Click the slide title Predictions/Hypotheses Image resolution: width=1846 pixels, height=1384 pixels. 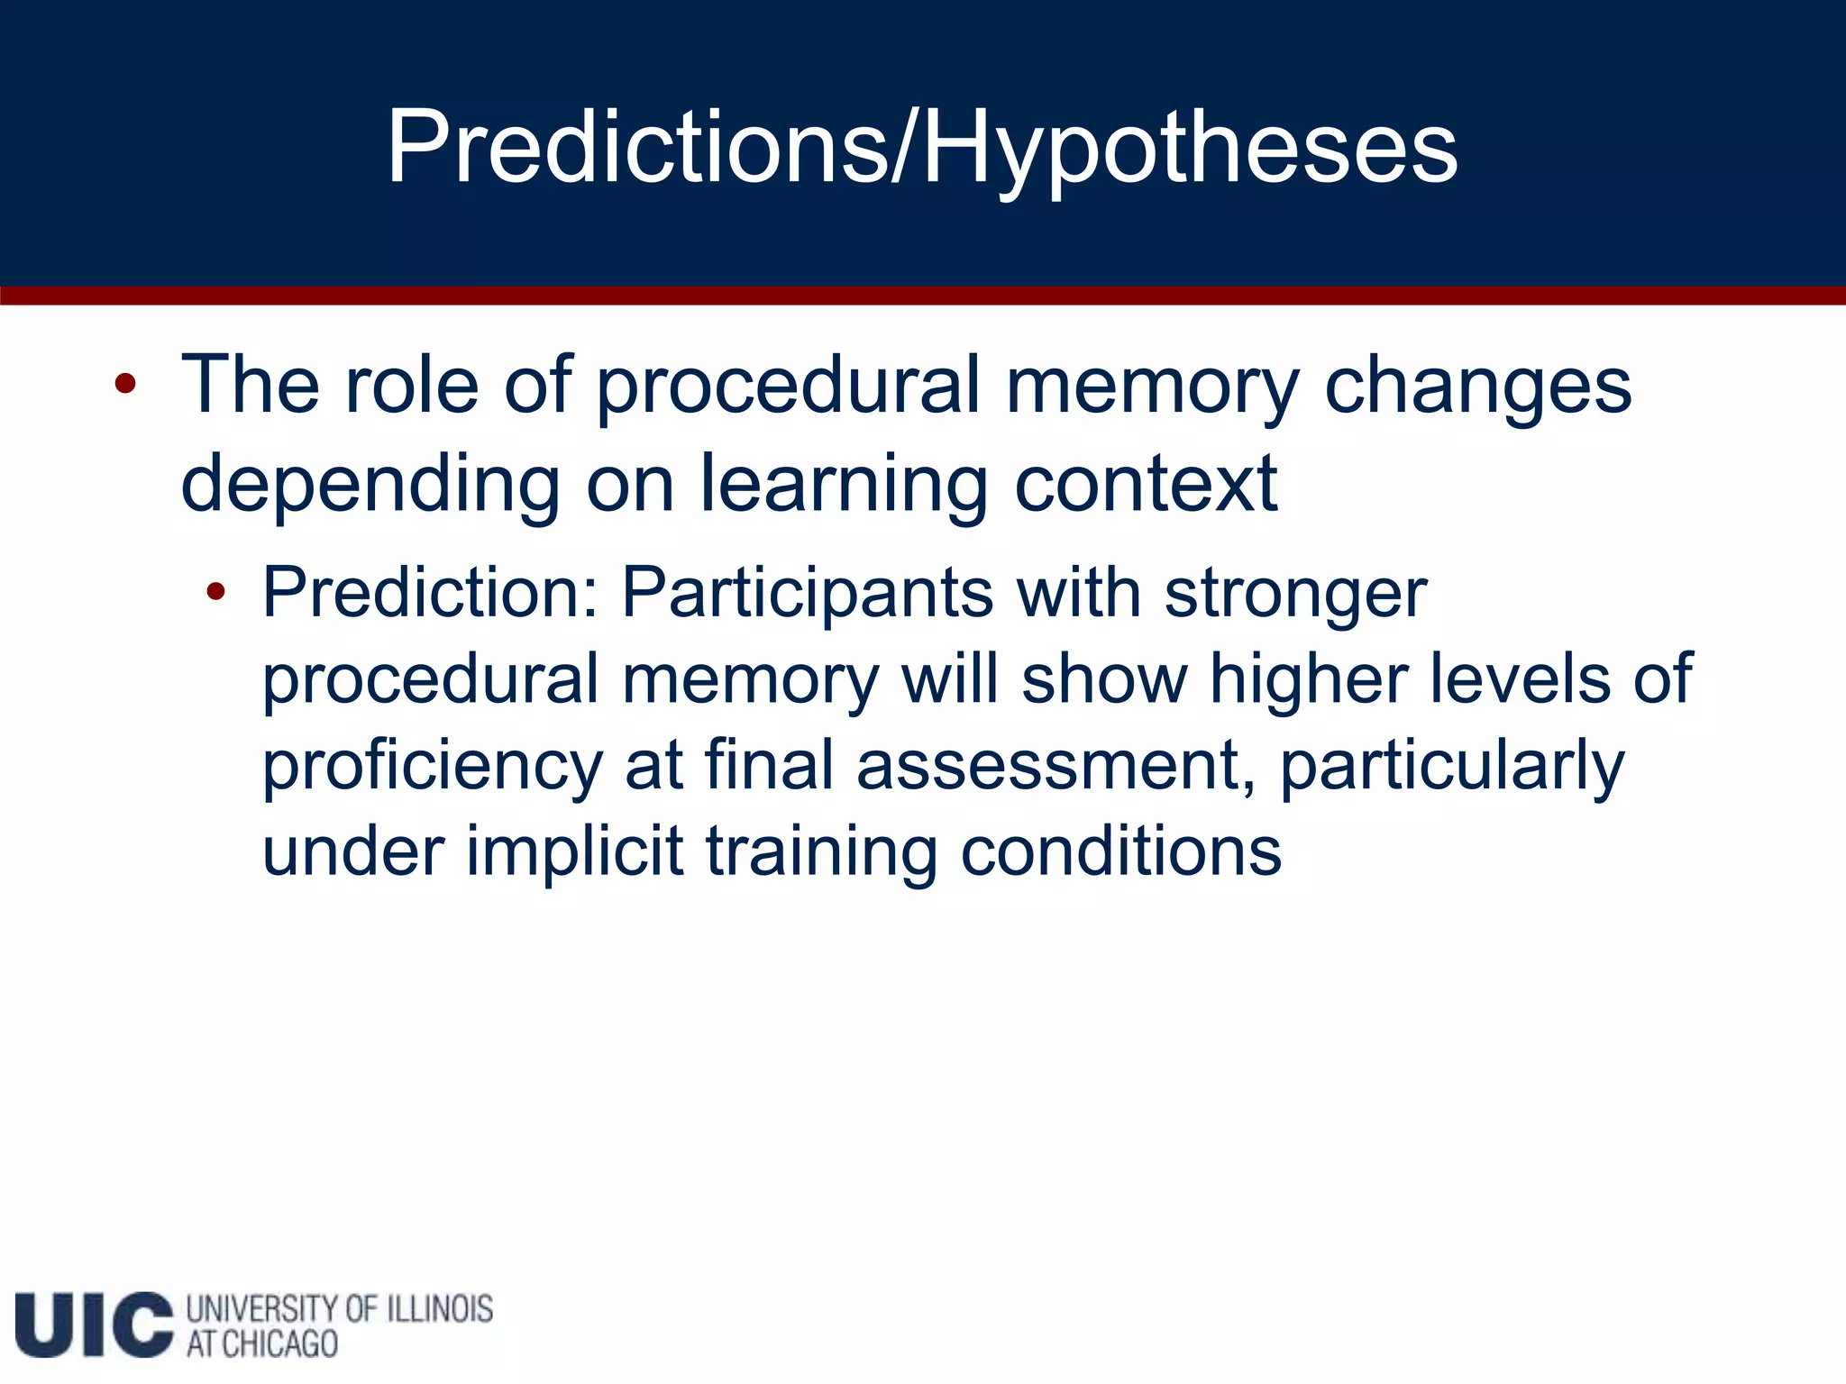pyautogui.click(x=922, y=147)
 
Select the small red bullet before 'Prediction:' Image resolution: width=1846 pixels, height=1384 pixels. pyautogui.click(x=215, y=592)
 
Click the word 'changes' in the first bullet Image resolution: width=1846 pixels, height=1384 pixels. pyautogui.click(x=1477, y=386)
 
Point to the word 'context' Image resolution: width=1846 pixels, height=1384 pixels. pyautogui.click(x=1146, y=484)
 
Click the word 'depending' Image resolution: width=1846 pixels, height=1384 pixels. pyautogui.click(x=370, y=484)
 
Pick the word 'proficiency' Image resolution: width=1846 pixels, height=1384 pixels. pyautogui.click(x=433, y=766)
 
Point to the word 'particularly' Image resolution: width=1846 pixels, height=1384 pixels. pyautogui.click(x=1452, y=766)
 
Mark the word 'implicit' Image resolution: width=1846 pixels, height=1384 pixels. pyautogui.click(x=574, y=851)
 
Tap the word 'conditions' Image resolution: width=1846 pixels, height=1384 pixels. pyautogui.click(x=1120, y=851)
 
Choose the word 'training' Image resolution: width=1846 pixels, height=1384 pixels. pyautogui.click(x=821, y=851)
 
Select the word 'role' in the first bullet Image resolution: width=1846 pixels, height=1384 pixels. pyautogui.click(x=411, y=386)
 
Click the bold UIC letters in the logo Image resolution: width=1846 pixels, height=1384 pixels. pyautogui.click(x=94, y=1324)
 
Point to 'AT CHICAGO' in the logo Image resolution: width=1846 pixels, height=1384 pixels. pyautogui.click(x=262, y=1343)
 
